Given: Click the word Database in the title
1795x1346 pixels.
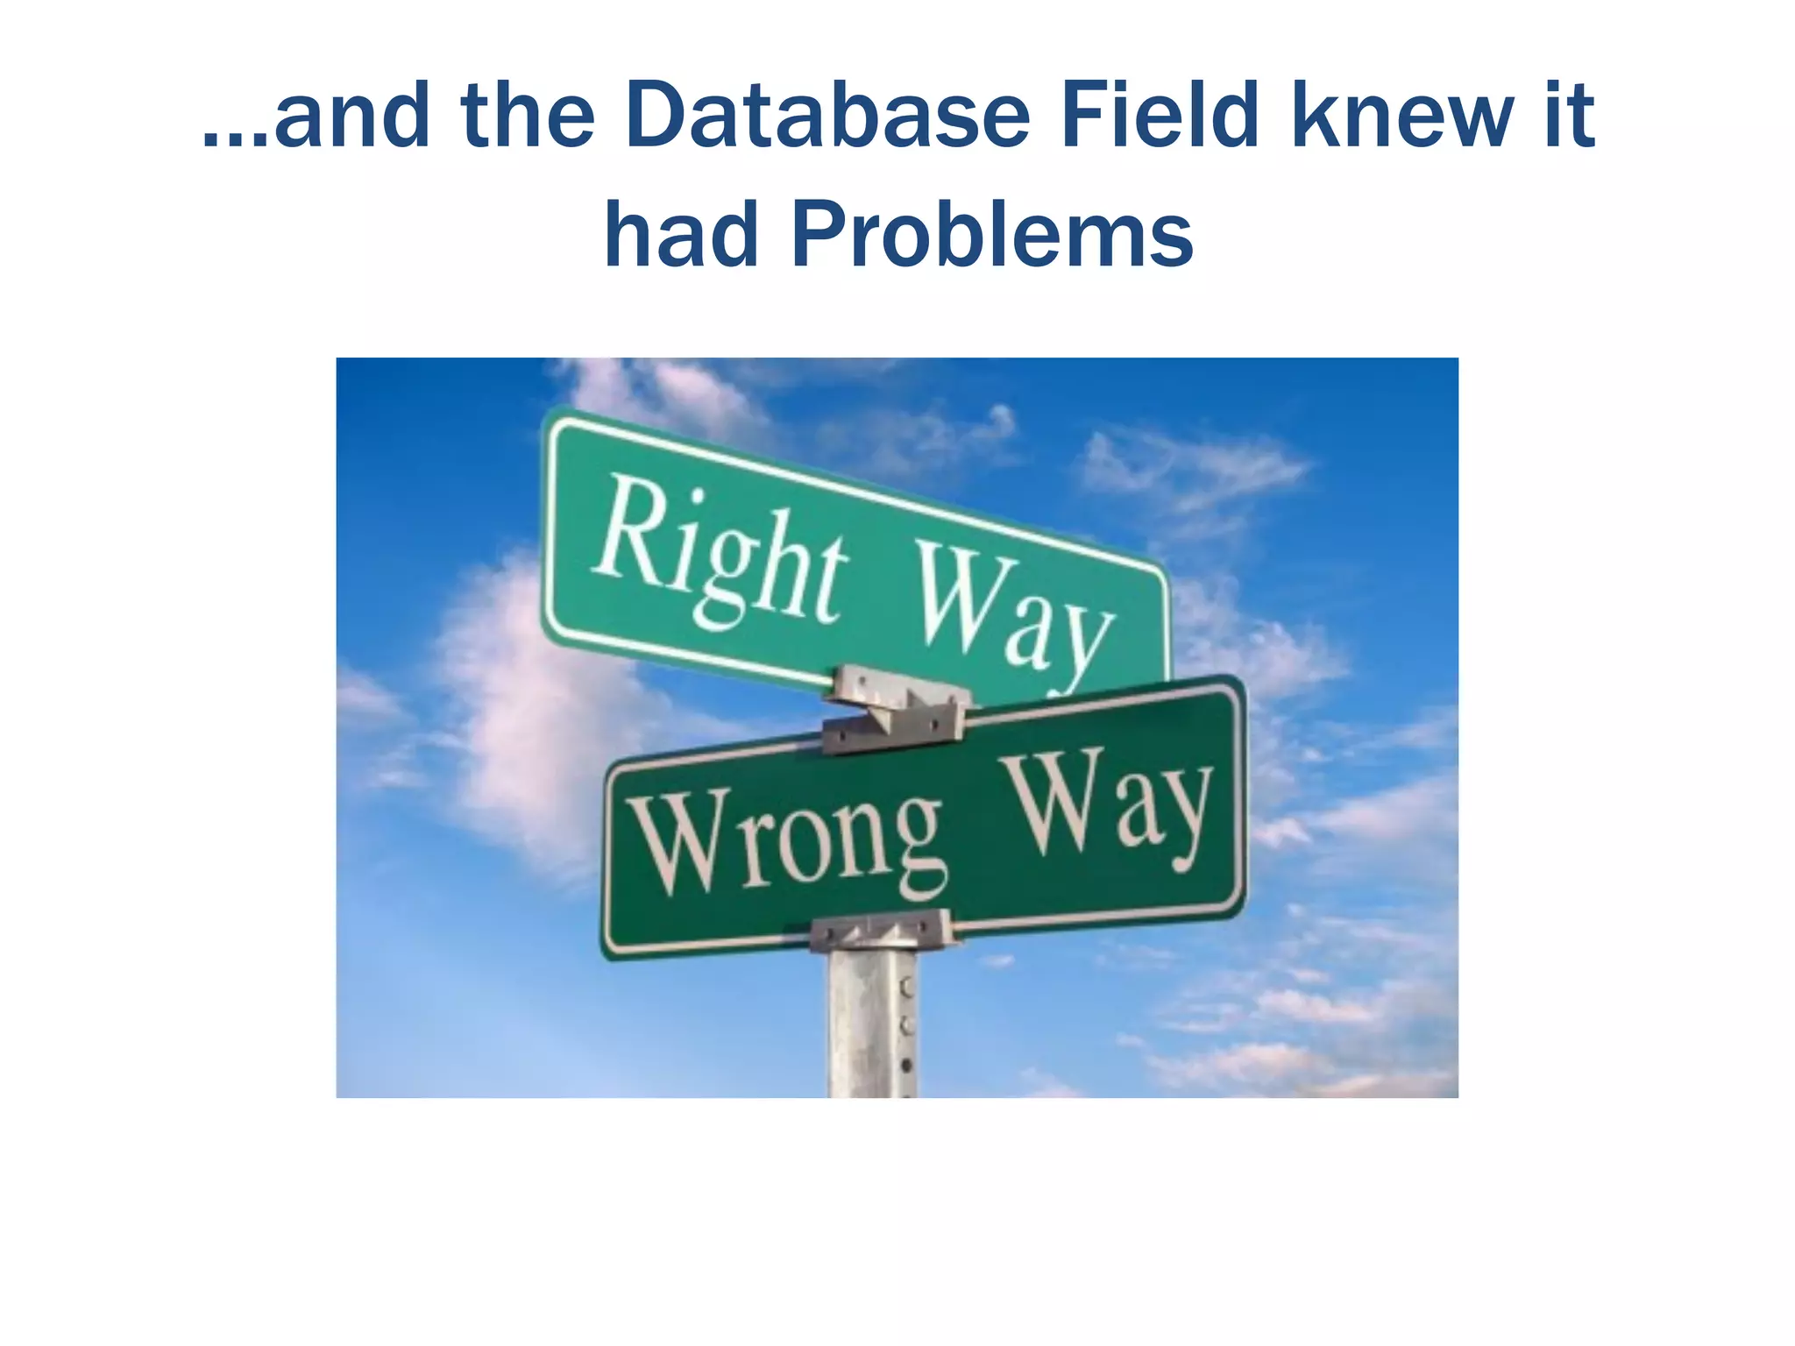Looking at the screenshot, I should pyautogui.click(x=827, y=116).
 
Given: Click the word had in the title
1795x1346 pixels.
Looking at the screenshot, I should pyautogui.click(x=681, y=235).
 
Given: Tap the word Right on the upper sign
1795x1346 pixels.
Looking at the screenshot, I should pyautogui.click(x=719, y=552).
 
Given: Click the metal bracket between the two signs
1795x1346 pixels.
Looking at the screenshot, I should pyautogui.click(x=894, y=710).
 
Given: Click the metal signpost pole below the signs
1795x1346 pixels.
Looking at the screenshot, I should pyautogui.click(x=872, y=1025).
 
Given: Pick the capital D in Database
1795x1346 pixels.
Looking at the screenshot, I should pyautogui.click(x=657, y=116).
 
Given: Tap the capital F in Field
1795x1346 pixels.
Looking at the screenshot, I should pyautogui.click(x=1083, y=116).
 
